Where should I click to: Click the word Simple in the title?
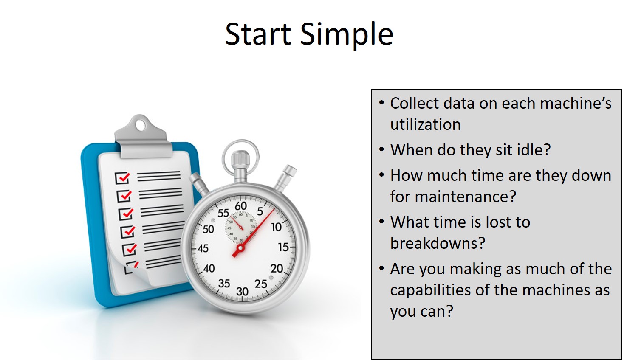point(347,34)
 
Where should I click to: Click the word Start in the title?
point(258,34)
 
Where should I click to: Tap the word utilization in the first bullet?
point(426,124)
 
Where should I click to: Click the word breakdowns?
point(438,243)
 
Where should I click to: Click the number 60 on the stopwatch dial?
point(241,206)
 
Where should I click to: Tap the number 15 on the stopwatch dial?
point(283,247)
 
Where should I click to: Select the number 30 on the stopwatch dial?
point(243,292)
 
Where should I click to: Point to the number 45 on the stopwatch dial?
point(203,248)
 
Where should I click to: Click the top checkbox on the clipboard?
point(122,177)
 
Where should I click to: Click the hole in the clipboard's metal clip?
point(141,126)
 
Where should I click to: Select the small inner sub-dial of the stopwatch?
point(241,227)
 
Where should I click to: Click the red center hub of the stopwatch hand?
point(240,248)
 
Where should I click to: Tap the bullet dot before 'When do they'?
point(381,150)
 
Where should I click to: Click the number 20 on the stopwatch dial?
point(277,269)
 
